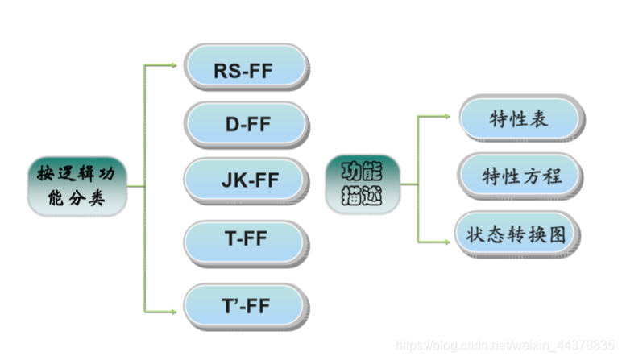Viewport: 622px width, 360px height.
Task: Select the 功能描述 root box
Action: click(363, 184)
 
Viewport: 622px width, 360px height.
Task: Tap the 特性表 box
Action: click(520, 119)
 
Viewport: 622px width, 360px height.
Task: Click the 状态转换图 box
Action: click(516, 234)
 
